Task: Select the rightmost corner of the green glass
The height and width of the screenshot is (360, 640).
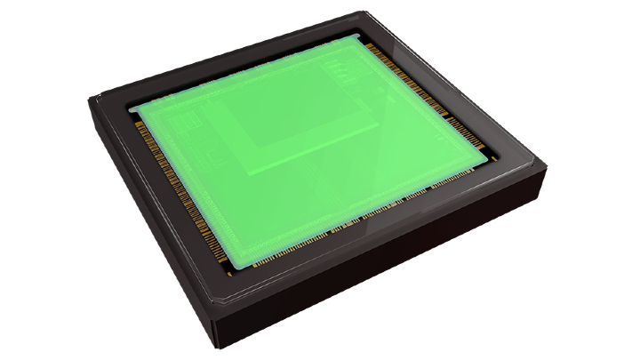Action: (490, 159)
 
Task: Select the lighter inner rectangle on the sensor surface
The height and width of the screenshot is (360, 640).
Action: (293, 116)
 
